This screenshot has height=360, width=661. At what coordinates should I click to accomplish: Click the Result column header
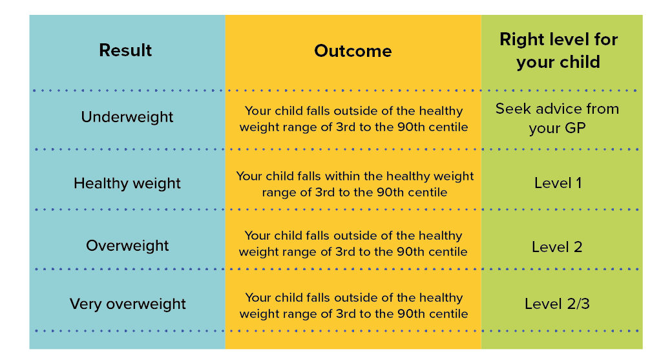pos(125,50)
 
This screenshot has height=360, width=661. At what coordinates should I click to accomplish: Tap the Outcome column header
pos(353,51)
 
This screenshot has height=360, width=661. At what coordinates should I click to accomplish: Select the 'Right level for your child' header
pos(558,50)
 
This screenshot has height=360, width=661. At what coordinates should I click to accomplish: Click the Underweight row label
pos(127,117)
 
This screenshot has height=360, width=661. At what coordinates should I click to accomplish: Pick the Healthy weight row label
pos(127,184)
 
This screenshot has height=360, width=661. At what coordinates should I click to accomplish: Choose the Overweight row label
pos(127,246)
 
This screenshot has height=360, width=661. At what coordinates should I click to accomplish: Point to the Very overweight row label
pos(127,304)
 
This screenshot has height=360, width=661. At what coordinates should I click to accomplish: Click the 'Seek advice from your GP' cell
pos(558,118)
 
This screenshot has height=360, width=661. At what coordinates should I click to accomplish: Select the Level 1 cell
pos(558,183)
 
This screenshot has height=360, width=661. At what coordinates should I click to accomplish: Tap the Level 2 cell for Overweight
pos(557,247)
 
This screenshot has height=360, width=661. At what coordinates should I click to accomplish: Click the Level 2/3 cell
pos(557,304)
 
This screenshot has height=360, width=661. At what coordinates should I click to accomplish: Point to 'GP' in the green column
pos(575,128)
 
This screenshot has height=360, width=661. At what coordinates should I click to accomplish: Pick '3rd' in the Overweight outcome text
pos(345,251)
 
